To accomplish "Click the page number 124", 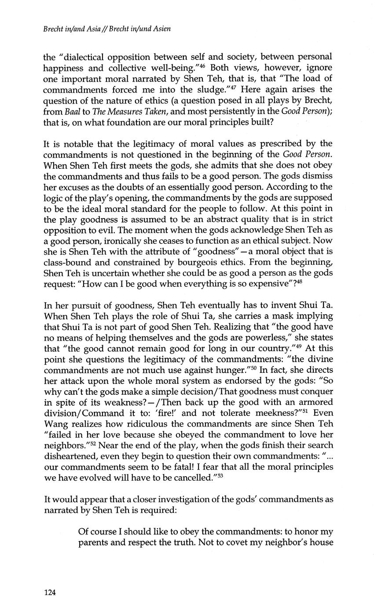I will point(50,593).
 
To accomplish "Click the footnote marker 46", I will point(204,67).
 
